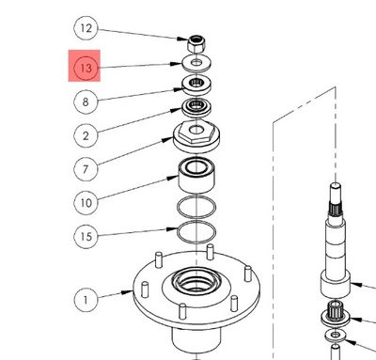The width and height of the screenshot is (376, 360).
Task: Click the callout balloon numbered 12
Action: coord(86,29)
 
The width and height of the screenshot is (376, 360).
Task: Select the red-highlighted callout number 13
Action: coord(86,69)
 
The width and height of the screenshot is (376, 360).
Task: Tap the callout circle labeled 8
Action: coord(86,102)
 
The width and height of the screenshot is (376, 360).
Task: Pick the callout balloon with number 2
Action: coord(86,135)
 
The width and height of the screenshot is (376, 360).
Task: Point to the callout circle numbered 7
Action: coord(86,169)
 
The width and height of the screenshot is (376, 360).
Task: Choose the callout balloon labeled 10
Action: coord(86,202)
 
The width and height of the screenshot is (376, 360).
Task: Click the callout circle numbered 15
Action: coord(86,236)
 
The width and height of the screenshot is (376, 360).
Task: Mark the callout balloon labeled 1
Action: coord(86,300)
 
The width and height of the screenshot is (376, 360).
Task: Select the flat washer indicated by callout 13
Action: coord(196,64)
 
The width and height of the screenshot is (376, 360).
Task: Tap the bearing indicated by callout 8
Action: coord(196,85)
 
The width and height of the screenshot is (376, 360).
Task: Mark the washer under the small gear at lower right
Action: coord(337,335)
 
